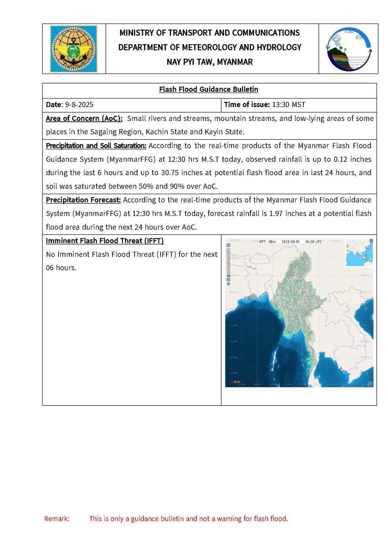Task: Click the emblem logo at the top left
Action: click(x=74, y=48)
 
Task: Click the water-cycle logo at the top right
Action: click(x=348, y=48)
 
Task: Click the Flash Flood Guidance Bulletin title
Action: click(x=209, y=90)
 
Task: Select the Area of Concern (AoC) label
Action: click(x=84, y=118)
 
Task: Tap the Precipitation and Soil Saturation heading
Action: click(x=96, y=146)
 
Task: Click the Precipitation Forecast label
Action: click(x=83, y=200)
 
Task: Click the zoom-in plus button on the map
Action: click(x=229, y=245)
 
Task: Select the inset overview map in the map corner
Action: click(x=359, y=253)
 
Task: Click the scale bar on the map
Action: click(x=237, y=382)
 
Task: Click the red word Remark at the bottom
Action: click(x=57, y=519)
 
